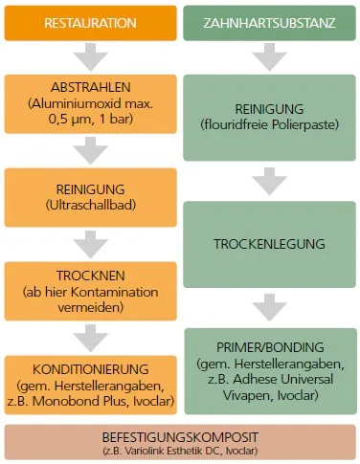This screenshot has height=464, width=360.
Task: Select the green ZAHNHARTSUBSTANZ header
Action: (x=269, y=21)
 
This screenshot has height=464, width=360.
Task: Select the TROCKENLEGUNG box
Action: (x=268, y=243)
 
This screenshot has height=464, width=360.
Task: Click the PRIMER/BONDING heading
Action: (x=268, y=346)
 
